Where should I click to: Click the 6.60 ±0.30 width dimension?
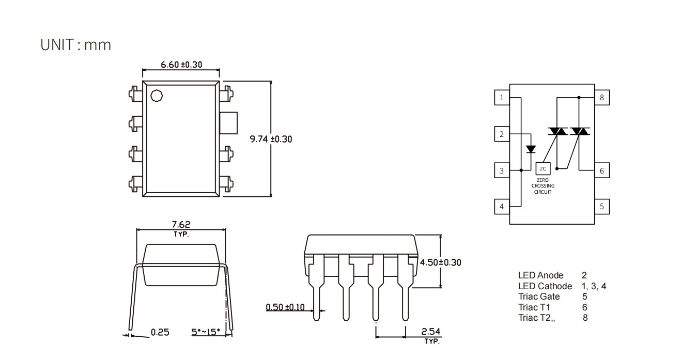click(181, 65)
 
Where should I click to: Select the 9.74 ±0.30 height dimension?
click(271, 139)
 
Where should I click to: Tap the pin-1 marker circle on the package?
click(157, 96)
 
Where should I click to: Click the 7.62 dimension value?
click(181, 225)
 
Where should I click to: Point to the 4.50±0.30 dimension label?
click(441, 262)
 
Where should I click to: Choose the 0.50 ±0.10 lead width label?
click(285, 307)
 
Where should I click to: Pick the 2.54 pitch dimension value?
click(430, 332)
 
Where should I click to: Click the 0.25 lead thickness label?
click(160, 332)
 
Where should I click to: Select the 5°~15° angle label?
click(206, 332)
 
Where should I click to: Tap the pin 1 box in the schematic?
click(502, 98)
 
